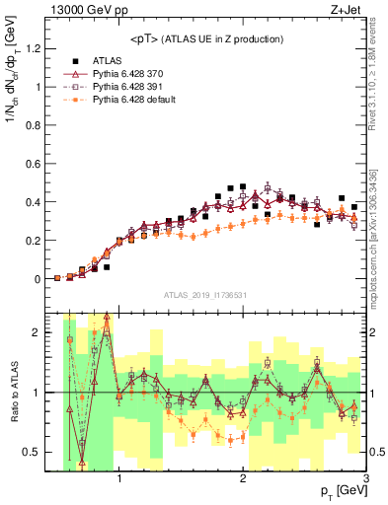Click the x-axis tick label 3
(x=365, y=478)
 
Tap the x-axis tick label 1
(x=119, y=478)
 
